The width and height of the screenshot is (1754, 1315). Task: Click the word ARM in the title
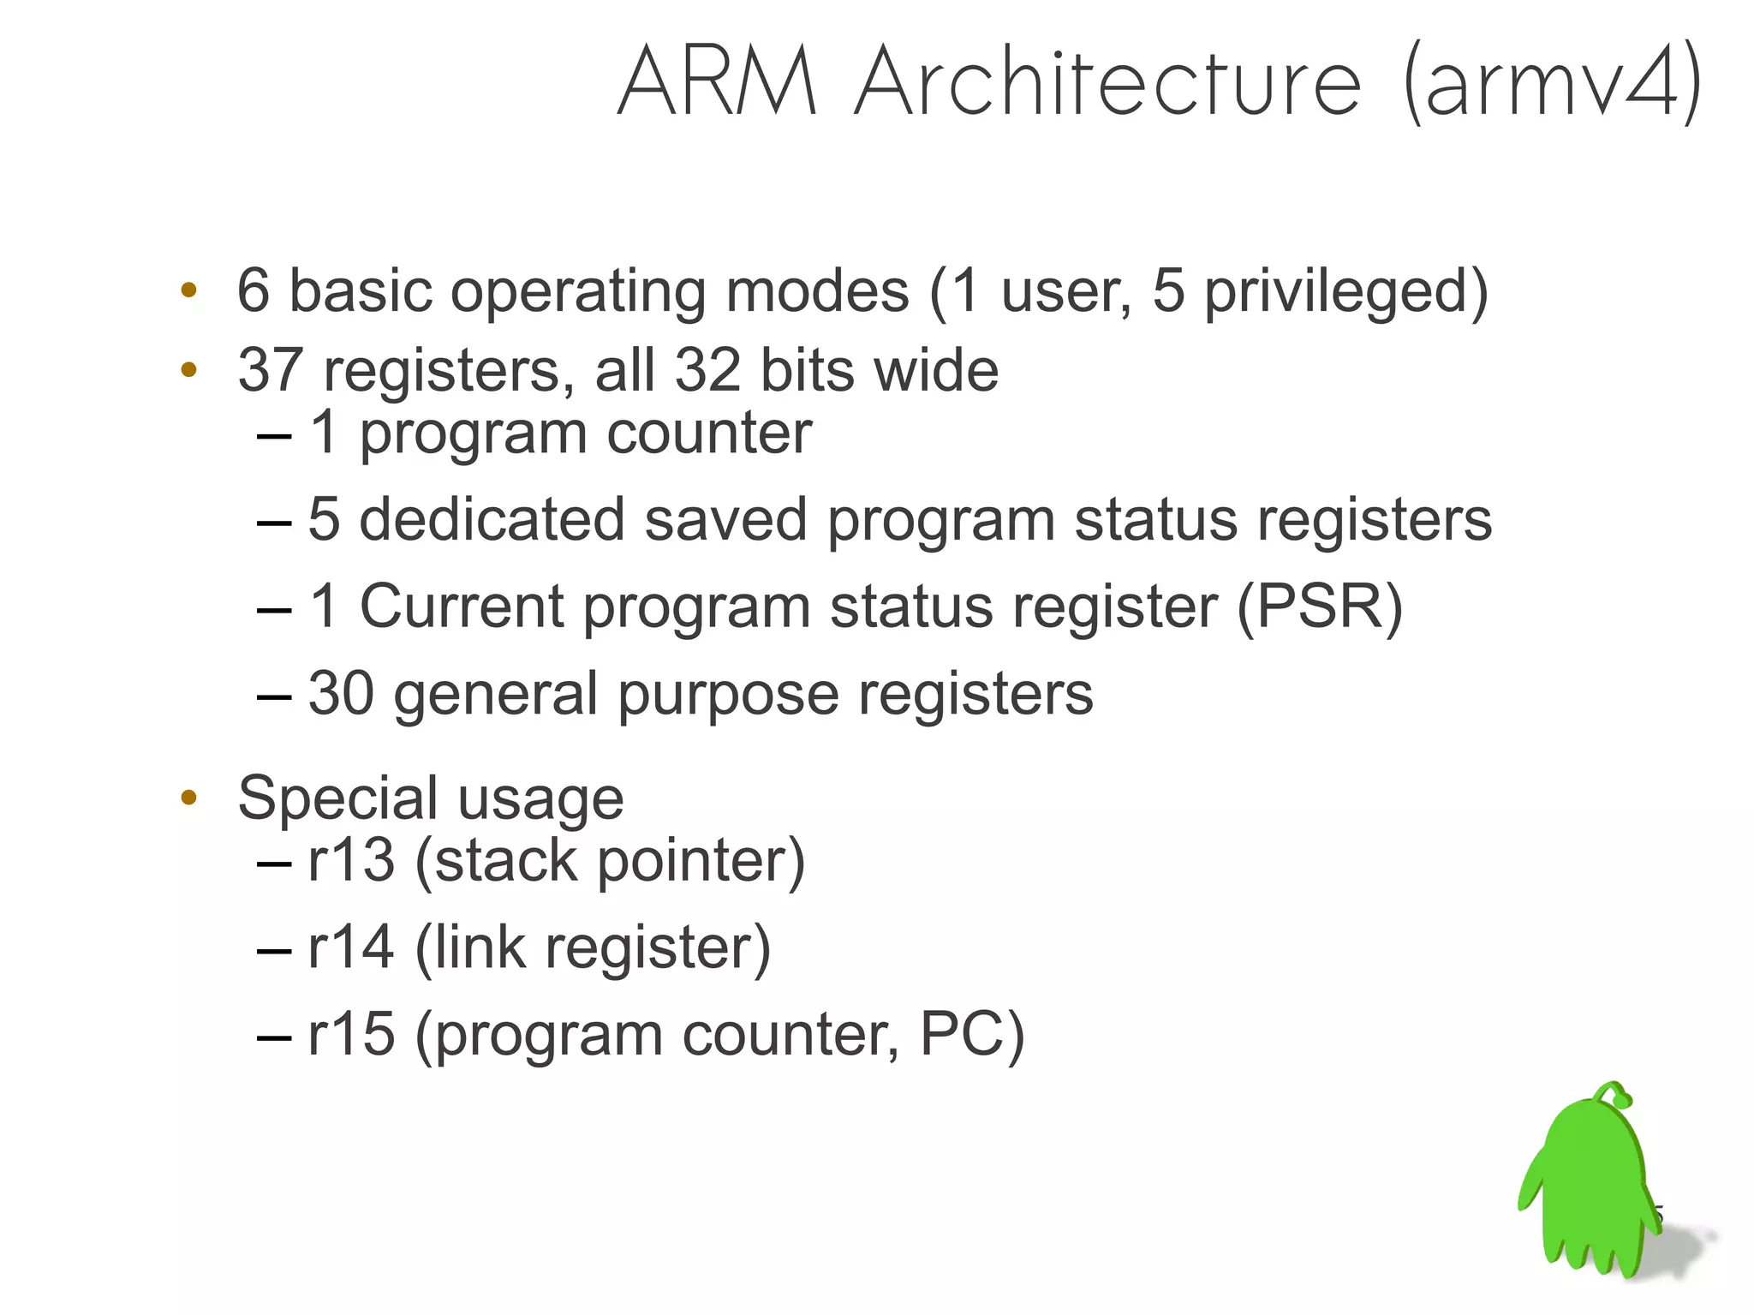pyautogui.click(x=718, y=83)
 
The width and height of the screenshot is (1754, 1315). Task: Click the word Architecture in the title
pyautogui.click(x=1107, y=83)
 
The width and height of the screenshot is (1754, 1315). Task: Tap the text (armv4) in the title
pyautogui.click(x=1552, y=83)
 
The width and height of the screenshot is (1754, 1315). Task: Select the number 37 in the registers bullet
pyautogui.click(x=270, y=371)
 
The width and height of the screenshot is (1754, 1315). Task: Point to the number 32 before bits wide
pyautogui.click(x=707, y=371)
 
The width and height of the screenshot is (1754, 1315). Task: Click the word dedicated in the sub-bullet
pyautogui.click(x=492, y=520)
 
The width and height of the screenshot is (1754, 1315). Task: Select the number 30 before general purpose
pyautogui.click(x=341, y=693)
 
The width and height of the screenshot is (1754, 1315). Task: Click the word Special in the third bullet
pyautogui.click(x=337, y=798)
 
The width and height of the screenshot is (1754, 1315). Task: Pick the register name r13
pyautogui.click(x=351, y=861)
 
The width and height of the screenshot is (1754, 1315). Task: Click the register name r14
pyautogui.click(x=351, y=948)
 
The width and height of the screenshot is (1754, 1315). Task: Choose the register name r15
pyautogui.click(x=351, y=1035)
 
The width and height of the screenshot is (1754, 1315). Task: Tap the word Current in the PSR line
pyautogui.click(x=461, y=607)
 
